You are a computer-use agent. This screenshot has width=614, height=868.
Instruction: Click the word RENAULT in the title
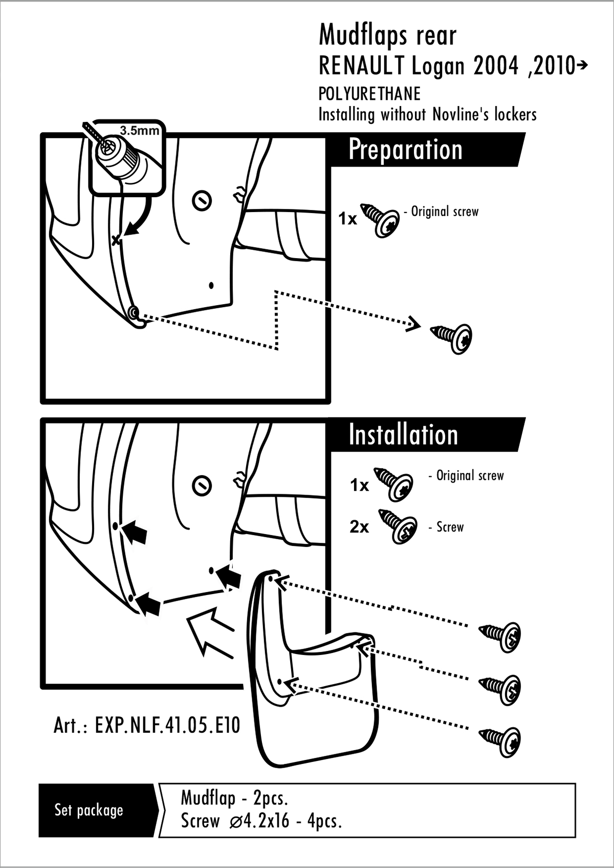pos(362,66)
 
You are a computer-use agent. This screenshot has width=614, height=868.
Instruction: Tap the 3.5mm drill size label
pos(139,131)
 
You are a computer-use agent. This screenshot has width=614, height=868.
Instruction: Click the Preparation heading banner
pos(426,150)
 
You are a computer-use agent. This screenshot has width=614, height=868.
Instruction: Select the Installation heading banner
pos(426,434)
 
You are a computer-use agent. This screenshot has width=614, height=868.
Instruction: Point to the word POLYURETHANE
pos(369,94)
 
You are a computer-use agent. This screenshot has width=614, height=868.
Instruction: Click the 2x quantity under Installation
pos(359,527)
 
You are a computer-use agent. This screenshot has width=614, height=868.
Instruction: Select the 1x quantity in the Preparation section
pos(347,219)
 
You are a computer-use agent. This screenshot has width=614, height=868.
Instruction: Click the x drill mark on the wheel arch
pos(116,241)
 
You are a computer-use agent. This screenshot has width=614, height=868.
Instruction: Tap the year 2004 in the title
pos(495,66)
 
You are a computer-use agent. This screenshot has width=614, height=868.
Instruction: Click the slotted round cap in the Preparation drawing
pos(202,201)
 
